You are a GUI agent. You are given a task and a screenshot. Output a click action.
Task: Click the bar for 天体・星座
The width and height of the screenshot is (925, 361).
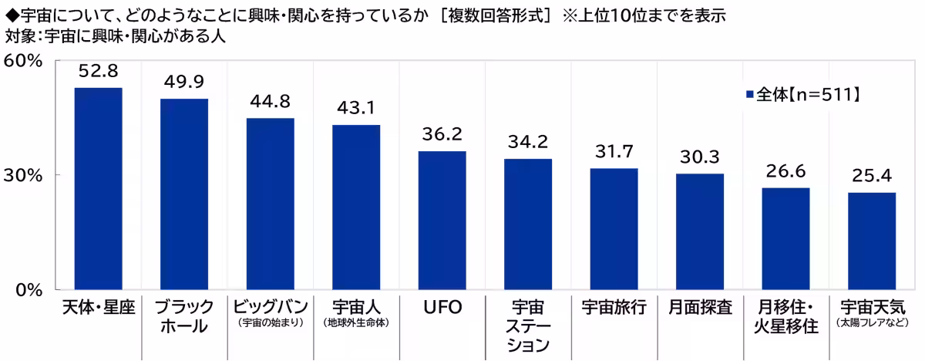pyautogui.click(x=99, y=188)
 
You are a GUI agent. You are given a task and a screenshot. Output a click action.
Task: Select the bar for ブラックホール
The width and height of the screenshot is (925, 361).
pyautogui.click(x=184, y=194)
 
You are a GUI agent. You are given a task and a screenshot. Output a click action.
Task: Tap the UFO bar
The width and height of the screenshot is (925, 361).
pyautogui.click(x=442, y=220)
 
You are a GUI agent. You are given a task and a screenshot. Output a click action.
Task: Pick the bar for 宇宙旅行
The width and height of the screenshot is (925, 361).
pyautogui.click(x=614, y=229)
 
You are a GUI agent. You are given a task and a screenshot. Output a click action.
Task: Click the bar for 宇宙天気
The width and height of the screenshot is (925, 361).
pyautogui.click(x=872, y=241)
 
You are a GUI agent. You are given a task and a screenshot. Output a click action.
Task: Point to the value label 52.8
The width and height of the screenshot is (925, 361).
pyautogui.click(x=99, y=71)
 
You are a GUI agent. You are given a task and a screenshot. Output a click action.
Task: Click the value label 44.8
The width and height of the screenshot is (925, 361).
pyautogui.click(x=271, y=102)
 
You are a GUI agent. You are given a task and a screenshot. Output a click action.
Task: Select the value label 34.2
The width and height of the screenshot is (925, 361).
pyautogui.click(x=528, y=142)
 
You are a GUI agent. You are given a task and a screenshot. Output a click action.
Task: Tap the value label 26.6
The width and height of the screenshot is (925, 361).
pyautogui.click(x=785, y=171)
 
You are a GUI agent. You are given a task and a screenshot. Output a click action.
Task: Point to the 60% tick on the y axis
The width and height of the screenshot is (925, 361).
pyautogui.click(x=23, y=61)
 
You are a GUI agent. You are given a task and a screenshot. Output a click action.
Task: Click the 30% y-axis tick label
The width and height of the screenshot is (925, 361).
pyautogui.click(x=23, y=176)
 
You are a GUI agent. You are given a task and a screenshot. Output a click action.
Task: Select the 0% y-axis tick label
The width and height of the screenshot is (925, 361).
pyautogui.click(x=29, y=290)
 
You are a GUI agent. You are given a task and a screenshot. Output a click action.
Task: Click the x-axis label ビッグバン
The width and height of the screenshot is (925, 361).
pyautogui.click(x=271, y=307)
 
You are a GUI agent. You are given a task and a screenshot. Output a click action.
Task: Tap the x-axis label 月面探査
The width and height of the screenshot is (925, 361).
pyautogui.click(x=701, y=307)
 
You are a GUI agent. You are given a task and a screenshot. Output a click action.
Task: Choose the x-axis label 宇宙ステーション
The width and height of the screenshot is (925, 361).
pyautogui.click(x=528, y=326)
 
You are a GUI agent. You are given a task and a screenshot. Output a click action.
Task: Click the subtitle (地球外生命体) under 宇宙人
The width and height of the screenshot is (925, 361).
pyautogui.click(x=356, y=322)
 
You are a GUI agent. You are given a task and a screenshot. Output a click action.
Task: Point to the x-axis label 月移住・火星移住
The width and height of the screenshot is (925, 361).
pyautogui.click(x=785, y=317)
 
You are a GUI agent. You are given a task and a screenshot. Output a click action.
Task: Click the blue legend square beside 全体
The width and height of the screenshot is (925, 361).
pyautogui.click(x=750, y=95)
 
